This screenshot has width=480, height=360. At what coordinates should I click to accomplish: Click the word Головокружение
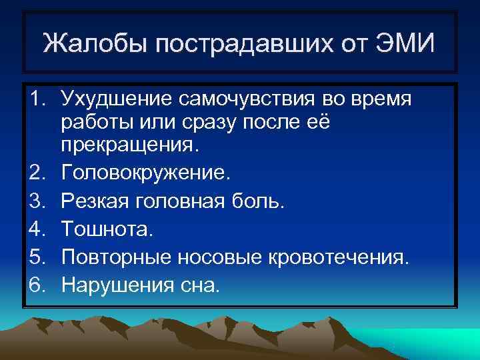coord(145,174)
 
